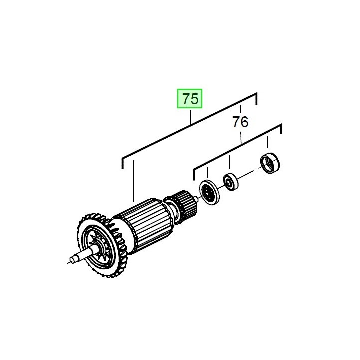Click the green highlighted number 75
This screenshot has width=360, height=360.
pos(190,99)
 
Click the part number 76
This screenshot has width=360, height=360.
pos(240,121)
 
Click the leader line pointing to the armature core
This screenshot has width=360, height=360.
pos(134,180)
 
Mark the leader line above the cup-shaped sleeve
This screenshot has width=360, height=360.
pos(268,143)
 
